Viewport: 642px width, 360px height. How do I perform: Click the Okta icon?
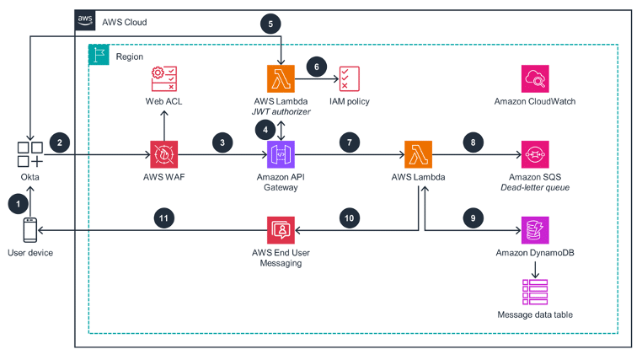29,154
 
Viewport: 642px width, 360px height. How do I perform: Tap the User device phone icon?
29,230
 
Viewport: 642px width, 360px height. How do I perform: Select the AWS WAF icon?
163,154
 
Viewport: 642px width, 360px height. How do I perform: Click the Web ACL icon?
163,78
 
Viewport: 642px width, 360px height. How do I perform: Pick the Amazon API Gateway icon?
281,154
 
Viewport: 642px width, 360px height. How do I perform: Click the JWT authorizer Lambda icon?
281,78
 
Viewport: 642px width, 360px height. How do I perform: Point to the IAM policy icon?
350,78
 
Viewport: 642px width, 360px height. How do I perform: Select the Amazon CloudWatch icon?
535,78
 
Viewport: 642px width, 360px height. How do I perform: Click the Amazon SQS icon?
535,154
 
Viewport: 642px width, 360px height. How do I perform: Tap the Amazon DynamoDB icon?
535,230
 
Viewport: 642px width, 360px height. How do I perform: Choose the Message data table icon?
535,292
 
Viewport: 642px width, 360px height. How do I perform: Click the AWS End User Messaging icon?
281,230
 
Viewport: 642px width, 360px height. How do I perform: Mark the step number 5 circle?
270,24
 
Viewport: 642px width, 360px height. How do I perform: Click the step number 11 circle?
163,218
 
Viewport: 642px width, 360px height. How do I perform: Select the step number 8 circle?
473,142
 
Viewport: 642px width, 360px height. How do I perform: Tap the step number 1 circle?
18,203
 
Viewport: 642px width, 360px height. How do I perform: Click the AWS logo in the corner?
85,20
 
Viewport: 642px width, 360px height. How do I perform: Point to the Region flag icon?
99,55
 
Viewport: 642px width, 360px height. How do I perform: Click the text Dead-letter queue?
535,187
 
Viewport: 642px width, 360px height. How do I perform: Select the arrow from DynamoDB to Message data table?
535,270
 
